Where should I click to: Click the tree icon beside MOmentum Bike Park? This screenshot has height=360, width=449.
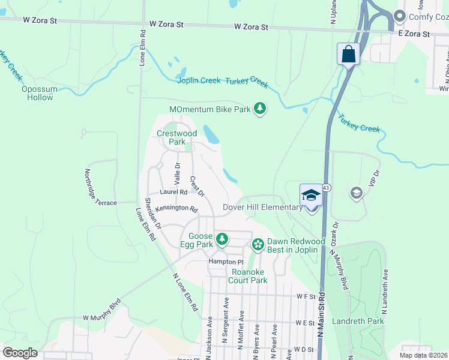pos(260,109)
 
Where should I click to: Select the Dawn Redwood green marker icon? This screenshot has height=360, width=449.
pos(258,244)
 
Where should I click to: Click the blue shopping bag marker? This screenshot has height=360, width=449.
pos(348,55)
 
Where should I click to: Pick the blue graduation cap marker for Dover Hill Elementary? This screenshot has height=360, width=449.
pos(311,195)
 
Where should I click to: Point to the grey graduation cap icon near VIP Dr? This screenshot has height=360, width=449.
pos(356,193)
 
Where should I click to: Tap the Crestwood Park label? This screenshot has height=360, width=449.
pos(176,137)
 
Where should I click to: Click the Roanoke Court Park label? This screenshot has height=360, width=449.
pos(249,276)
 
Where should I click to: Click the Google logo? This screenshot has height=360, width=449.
pos(20,353)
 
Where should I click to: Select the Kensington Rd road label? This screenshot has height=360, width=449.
pos(176,209)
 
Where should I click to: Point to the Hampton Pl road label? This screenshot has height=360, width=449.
pos(226,262)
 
